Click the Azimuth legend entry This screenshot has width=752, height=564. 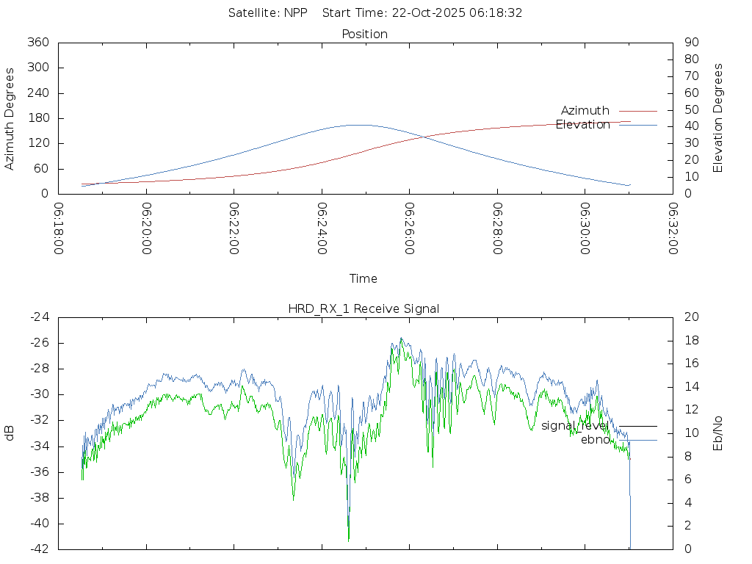coord(585,111)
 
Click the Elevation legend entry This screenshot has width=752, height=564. coord(583,125)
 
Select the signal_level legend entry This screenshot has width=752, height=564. coord(575,426)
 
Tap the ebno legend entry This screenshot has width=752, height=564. coord(595,440)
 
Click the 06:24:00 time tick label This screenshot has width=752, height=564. coord(322,228)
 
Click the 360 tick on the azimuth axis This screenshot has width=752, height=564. coord(37,43)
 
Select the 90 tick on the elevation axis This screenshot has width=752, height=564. coord(691,43)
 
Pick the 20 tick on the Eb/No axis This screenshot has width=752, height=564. coord(691,317)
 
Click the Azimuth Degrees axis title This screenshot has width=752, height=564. coord(10,118)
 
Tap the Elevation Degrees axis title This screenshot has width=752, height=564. coord(718,118)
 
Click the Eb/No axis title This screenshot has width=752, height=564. coord(718,433)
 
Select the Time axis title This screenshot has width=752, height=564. coord(364,279)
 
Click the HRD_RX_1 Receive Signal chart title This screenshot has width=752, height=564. coord(364,308)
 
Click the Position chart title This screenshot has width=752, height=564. coord(365,34)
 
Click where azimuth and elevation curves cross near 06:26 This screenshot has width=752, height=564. coord(421,136)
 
